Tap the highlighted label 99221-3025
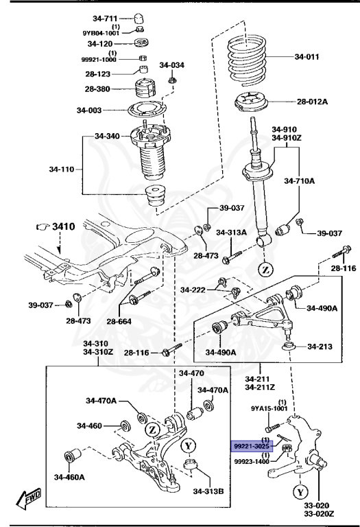pyautogui.click(x=254, y=445)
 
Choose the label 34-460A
pyautogui.click(x=70, y=477)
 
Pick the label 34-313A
pyautogui.click(x=231, y=233)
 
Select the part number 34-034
pyautogui.click(x=172, y=65)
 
